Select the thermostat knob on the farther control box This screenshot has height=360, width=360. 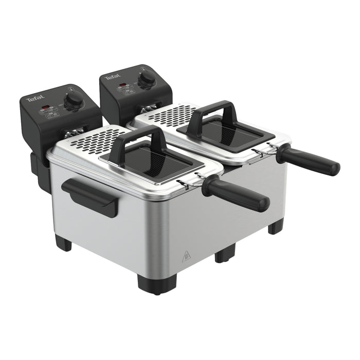(148, 77)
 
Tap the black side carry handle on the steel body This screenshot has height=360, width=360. (90, 197)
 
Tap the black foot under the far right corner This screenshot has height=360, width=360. (276, 226)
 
